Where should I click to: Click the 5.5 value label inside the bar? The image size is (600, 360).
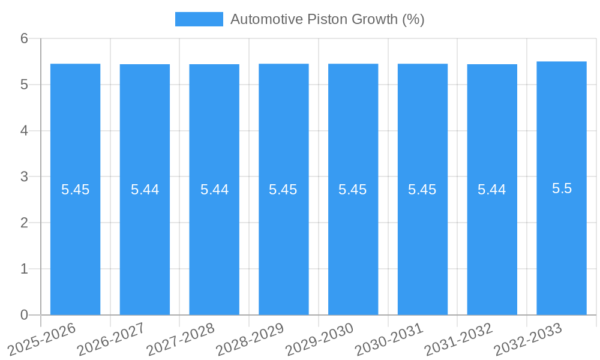562,188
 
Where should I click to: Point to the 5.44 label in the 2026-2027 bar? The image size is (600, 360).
145,190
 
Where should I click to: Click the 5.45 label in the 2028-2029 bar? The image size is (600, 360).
283,190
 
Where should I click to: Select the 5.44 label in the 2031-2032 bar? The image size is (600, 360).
492,190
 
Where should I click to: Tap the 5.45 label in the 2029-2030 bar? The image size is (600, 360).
353,190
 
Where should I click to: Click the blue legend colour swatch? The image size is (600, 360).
199,19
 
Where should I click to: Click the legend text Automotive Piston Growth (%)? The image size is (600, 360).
327,19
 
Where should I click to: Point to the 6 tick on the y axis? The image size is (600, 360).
25,38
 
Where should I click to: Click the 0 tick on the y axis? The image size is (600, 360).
25,315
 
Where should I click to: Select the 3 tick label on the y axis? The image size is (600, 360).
25,177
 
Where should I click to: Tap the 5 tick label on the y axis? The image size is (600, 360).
25,85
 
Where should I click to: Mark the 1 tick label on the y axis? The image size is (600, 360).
25,269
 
